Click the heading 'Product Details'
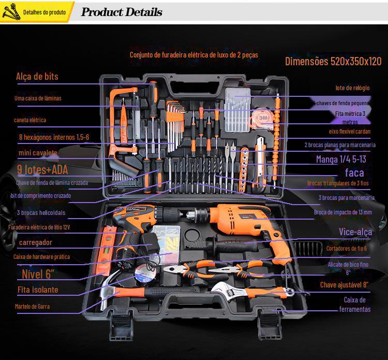pyautogui.click(x=122, y=12)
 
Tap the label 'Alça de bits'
pyautogui.click(x=37, y=77)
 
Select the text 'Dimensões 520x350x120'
pyautogui.click(x=333, y=61)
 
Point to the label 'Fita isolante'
pyautogui.click(x=38, y=290)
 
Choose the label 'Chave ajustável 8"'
pyautogui.click(x=344, y=284)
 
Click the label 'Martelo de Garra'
pyautogui.click(x=32, y=306)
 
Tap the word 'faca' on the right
pyautogui.click(x=354, y=172)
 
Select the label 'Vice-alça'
pyautogui.click(x=355, y=232)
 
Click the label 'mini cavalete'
pyautogui.click(x=38, y=153)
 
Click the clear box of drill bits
pyautogui.click(x=237, y=107)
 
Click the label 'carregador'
pyautogui.click(x=36, y=242)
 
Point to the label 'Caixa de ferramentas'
pyautogui.click(x=354, y=305)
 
